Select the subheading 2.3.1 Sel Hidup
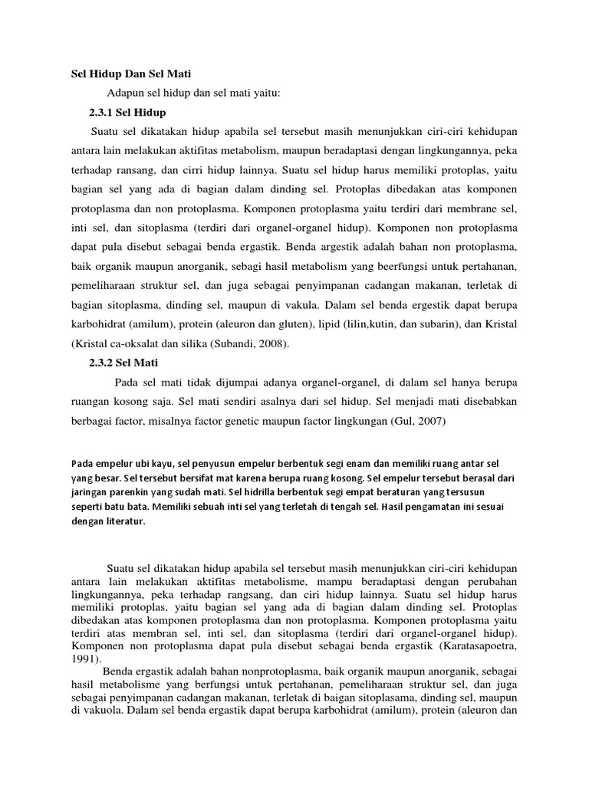point(128,113)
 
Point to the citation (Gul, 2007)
point(418,421)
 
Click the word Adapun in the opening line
point(125,94)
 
